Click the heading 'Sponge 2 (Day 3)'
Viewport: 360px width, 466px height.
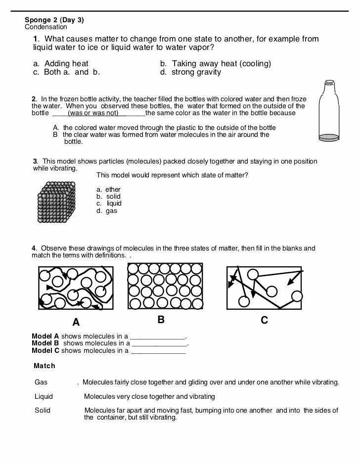pyautogui.click(x=54, y=20)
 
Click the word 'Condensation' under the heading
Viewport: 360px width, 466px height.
pyautogui.click(x=46, y=27)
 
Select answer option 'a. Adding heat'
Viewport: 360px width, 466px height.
pyautogui.click(x=61, y=64)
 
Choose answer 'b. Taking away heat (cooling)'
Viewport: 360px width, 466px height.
pyautogui.click(x=215, y=64)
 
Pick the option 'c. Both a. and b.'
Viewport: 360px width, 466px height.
pyautogui.click(x=67, y=72)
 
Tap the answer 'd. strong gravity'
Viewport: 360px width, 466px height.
pyautogui.click(x=190, y=72)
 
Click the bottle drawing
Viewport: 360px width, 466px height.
pyautogui.click(x=329, y=111)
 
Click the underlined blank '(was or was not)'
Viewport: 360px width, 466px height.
pyautogui.click(x=93, y=113)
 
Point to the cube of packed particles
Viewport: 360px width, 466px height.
pyautogui.click(x=56, y=202)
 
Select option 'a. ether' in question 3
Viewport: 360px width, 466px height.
pyautogui.click(x=108, y=190)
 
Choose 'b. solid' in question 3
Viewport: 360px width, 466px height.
pyautogui.click(x=108, y=197)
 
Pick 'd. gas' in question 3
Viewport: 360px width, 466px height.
pyautogui.click(x=107, y=211)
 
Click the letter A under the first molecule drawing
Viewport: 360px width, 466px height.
pyautogui.click(x=76, y=323)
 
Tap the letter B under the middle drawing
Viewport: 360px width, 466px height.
pyautogui.click(x=161, y=320)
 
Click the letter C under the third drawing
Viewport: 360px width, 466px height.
pyautogui.click(x=265, y=321)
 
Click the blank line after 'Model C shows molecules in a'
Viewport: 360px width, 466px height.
pyautogui.click(x=158, y=352)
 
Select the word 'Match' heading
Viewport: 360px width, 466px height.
pyautogui.click(x=45, y=366)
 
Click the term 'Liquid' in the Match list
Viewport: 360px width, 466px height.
pyautogui.click(x=44, y=396)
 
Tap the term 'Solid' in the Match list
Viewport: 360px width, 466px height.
pyautogui.click(x=43, y=410)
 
